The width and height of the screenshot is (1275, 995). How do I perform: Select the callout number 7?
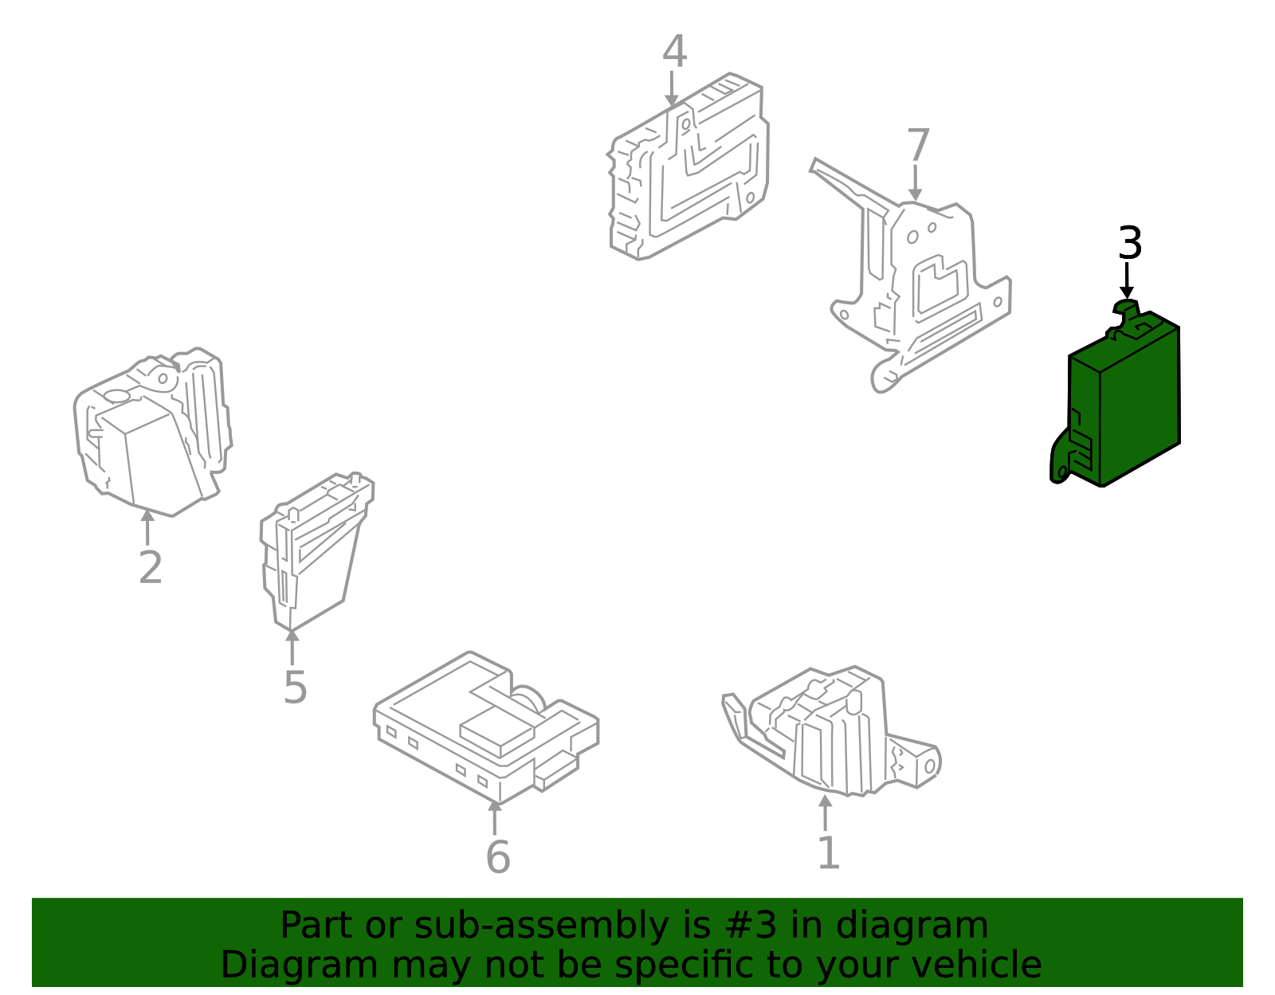point(918,146)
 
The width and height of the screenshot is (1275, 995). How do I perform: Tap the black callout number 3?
point(1129,243)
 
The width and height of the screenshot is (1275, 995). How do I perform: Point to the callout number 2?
point(150,567)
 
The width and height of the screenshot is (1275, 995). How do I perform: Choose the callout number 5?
point(295,687)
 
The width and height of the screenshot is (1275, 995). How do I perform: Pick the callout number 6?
point(498,856)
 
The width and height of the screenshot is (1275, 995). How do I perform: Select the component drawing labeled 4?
point(688,166)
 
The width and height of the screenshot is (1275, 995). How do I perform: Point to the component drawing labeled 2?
point(152,432)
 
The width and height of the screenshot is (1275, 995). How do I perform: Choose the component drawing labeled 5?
point(317,551)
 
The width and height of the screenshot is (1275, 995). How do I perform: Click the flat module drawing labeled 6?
point(486,727)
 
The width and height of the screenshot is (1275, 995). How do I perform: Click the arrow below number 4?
point(672,88)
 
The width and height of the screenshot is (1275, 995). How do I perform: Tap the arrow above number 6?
point(495,818)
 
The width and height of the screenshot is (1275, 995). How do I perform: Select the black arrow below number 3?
point(1127,281)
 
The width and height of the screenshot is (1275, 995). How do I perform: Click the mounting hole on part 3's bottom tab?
point(1062,472)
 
